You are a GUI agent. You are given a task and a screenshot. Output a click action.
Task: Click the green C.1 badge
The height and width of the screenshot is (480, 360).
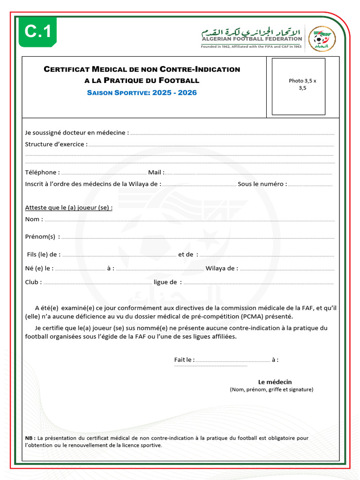[38, 32]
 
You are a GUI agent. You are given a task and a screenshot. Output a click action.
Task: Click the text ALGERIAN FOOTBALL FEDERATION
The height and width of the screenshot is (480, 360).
[252, 39]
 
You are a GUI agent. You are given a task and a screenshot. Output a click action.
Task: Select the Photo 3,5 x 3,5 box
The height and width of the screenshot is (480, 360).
[299, 86]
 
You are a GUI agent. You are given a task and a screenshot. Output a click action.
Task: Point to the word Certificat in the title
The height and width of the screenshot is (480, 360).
[66, 69]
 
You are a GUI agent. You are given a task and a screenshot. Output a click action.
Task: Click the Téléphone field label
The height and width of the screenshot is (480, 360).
[42, 172]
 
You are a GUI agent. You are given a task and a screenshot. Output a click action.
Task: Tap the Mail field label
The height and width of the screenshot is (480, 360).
[156, 172]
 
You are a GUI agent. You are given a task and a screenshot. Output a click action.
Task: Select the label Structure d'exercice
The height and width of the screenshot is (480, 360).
[56, 144]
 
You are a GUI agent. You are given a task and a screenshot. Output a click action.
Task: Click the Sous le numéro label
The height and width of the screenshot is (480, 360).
[262, 184]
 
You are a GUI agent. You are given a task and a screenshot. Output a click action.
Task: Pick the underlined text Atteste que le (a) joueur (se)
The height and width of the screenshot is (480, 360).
[68, 208]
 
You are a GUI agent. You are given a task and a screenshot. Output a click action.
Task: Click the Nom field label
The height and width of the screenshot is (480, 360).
[34, 219]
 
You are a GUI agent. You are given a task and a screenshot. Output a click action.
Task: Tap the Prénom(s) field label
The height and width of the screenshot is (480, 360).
[42, 237]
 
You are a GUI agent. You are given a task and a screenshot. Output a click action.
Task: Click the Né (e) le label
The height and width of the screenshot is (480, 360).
[39, 269]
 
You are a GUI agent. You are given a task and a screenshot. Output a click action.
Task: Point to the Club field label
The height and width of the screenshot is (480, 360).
[33, 282]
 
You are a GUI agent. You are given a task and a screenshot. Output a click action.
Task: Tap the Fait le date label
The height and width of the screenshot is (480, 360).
[184, 360]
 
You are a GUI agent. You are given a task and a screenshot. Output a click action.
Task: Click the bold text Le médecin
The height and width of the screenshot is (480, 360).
[275, 382]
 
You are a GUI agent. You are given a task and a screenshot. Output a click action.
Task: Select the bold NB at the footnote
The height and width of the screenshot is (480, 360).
[30, 438]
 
